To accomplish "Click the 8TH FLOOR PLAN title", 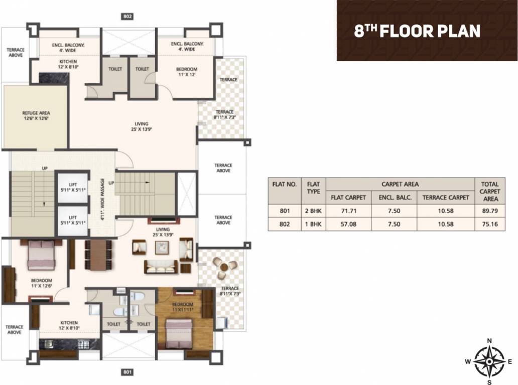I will [417, 31].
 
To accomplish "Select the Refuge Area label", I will [36, 116].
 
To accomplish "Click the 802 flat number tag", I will [127, 17].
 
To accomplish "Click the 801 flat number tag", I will [127, 372].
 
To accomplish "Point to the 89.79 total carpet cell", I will [489, 211].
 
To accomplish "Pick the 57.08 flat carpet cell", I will [348, 224].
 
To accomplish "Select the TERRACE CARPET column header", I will [445, 198].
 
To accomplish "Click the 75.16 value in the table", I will [489, 224].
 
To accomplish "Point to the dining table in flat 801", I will [98, 254].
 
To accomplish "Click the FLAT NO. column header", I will [285, 184].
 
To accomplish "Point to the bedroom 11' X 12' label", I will [186, 72].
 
